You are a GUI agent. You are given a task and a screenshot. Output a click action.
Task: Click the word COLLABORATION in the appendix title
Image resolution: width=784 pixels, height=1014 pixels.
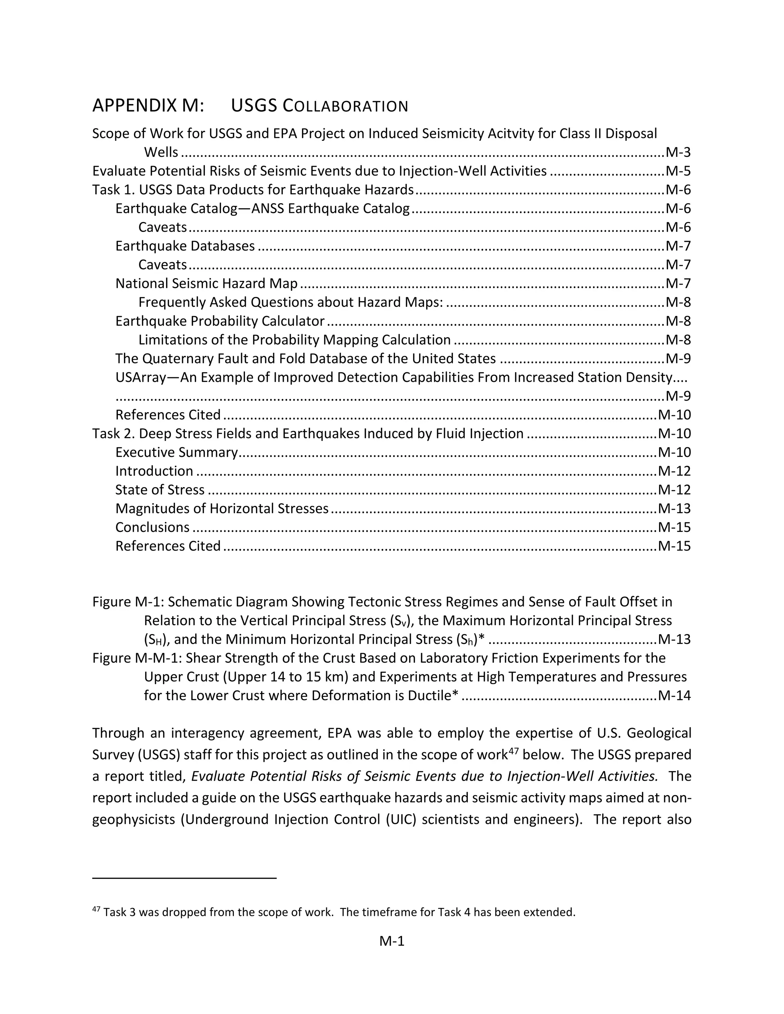click(345, 106)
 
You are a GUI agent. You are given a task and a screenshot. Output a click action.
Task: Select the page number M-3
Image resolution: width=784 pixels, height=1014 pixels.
click(678, 152)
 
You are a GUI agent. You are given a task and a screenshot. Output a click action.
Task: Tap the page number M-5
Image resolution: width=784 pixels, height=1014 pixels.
click(678, 171)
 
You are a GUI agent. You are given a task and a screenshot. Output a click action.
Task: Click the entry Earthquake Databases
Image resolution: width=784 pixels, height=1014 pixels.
click(185, 246)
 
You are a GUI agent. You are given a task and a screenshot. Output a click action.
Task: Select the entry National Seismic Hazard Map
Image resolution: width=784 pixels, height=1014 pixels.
click(206, 283)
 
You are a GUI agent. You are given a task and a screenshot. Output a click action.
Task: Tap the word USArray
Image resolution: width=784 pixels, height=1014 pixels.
click(140, 377)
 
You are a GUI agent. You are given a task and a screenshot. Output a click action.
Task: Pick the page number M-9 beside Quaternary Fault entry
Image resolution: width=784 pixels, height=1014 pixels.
click(678, 359)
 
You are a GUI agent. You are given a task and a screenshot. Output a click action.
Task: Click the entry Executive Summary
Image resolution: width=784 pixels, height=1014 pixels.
click(176, 452)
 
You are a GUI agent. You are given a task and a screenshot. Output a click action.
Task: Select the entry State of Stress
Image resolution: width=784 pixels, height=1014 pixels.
click(160, 490)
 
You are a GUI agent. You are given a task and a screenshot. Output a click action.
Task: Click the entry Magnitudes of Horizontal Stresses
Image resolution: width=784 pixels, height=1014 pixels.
click(222, 509)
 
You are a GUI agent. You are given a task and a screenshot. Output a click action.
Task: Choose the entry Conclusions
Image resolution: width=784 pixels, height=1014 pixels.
click(152, 527)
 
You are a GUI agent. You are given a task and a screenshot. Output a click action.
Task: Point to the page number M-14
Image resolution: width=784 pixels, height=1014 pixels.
click(675, 696)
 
